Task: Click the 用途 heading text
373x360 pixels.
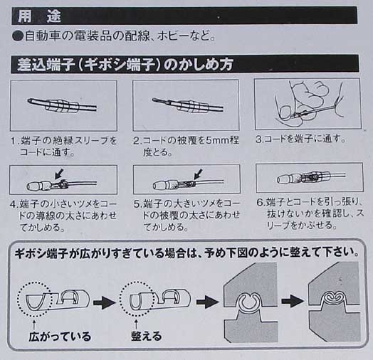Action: [x=39, y=16]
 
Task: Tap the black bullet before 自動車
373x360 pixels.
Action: [x=18, y=36]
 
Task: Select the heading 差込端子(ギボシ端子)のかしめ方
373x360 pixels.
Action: [x=125, y=65]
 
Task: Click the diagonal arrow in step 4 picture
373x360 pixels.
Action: [x=59, y=174]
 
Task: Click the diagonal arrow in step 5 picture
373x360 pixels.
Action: [x=198, y=174]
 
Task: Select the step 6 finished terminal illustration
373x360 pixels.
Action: [x=310, y=178]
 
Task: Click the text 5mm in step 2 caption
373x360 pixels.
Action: [x=216, y=141]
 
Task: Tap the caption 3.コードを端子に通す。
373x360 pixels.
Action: [x=300, y=139]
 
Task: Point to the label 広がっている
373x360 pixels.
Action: [x=60, y=337]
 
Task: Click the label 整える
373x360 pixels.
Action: [x=147, y=336]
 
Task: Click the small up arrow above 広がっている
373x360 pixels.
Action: [x=33, y=324]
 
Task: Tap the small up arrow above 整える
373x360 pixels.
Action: [x=136, y=324]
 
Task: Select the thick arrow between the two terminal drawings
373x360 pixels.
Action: [x=104, y=302]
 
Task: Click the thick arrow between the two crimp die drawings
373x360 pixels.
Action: [x=293, y=301]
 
